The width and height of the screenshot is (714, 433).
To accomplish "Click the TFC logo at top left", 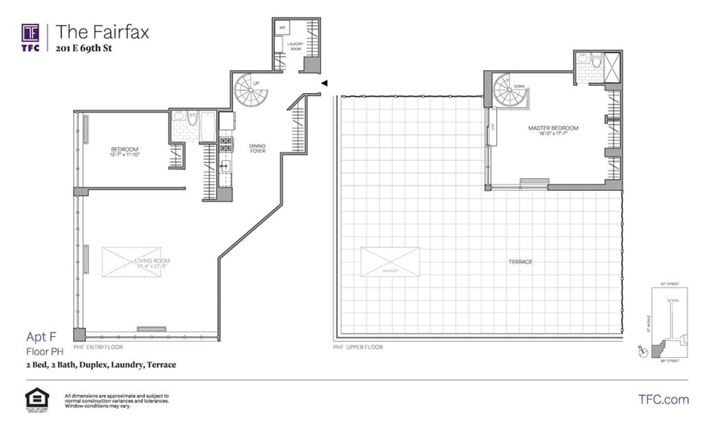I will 30,37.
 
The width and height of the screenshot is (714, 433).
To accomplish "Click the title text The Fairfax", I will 102,32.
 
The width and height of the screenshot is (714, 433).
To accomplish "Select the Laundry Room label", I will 295,47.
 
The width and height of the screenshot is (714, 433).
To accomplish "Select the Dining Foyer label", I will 257,149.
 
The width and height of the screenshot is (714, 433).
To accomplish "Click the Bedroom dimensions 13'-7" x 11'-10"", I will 124,155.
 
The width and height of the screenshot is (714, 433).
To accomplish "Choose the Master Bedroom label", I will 553,128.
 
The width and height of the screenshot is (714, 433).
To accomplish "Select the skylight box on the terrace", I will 389,262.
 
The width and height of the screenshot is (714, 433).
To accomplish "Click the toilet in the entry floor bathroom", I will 192,121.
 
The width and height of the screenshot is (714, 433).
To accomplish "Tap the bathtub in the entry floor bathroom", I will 208,126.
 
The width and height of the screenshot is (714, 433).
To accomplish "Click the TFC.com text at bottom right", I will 663,399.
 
